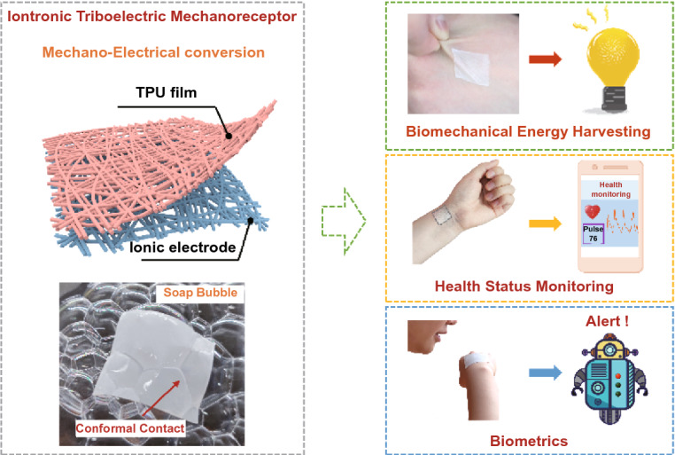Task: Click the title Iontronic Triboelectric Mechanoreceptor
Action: pyautogui.click(x=152, y=15)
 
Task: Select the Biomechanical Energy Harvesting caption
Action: pyautogui.click(x=529, y=132)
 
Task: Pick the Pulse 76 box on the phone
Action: pyautogui.click(x=593, y=237)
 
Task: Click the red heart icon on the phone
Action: pyautogui.click(x=593, y=210)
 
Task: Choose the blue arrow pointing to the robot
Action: pyautogui.click(x=542, y=373)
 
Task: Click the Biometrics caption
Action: pyautogui.click(x=528, y=439)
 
